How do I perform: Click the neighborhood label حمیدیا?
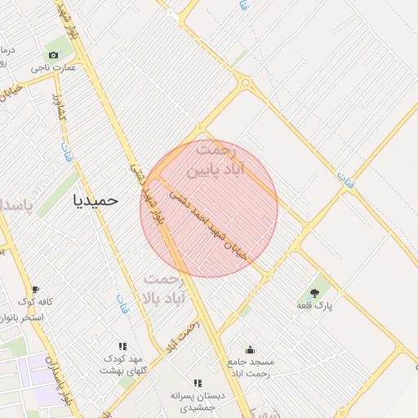(x=96, y=199)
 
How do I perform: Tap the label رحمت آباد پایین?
(x=211, y=162)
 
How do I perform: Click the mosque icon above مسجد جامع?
(x=250, y=349)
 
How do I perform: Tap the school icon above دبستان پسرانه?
(x=197, y=383)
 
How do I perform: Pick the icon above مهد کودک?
(x=122, y=346)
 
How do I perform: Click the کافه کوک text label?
(x=38, y=301)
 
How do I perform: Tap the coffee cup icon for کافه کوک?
(x=35, y=289)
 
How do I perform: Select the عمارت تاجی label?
(x=54, y=68)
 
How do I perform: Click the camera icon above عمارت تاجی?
(x=54, y=55)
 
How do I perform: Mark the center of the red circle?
(x=209, y=209)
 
